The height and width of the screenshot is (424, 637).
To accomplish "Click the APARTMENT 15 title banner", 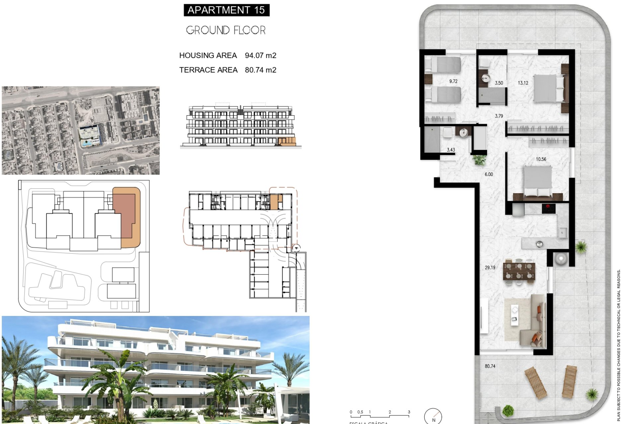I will pyautogui.click(x=226, y=10).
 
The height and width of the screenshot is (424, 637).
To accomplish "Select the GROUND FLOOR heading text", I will pyautogui.click(x=226, y=30).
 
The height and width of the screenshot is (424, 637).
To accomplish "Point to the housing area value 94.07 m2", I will pyautogui.click(x=260, y=56).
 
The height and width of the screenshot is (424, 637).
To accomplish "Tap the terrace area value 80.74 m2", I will pyautogui.click(x=260, y=70).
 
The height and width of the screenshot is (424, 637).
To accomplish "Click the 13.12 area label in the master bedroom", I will pyautogui.click(x=523, y=83).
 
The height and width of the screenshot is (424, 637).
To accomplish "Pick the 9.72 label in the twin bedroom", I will pyautogui.click(x=453, y=81).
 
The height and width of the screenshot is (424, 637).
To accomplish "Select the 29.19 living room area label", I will pyautogui.click(x=490, y=268).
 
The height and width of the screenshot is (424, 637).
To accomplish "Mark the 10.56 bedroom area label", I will pyautogui.click(x=541, y=159).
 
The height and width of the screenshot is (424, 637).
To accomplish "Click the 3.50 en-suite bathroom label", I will pyautogui.click(x=499, y=83).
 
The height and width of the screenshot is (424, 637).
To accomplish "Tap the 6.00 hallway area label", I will pyautogui.click(x=489, y=174).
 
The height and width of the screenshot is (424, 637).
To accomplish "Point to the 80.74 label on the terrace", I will pyautogui.click(x=490, y=366).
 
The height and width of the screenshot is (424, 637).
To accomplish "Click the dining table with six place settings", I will pyautogui.click(x=519, y=271).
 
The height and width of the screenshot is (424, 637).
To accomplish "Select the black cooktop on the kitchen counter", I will pyautogui.click(x=548, y=208).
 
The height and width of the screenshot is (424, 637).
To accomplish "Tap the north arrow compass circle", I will pyautogui.click(x=433, y=416).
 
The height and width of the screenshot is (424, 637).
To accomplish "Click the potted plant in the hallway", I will pyautogui.click(x=479, y=160).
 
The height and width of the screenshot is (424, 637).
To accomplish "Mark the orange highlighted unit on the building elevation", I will pyautogui.click(x=287, y=141).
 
